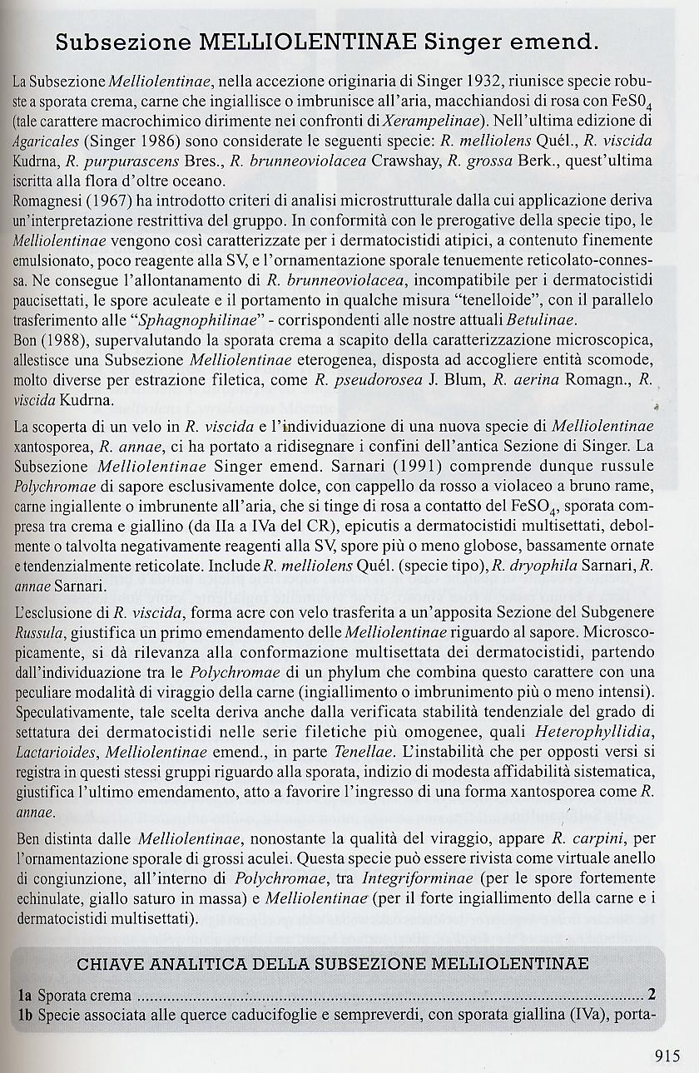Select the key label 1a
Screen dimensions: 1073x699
pyautogui.click(x=25, y=995)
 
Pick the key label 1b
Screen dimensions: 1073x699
pyautogui.click(x=25, y=1015)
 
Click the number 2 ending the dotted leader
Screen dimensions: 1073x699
pyautogui.click(x=652, y=995)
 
